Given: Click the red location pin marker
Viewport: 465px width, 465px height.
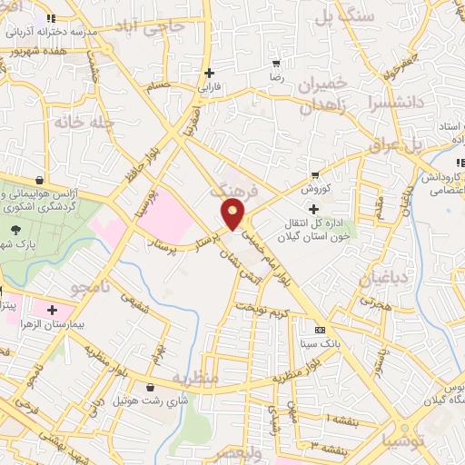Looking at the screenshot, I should (x=233, y=214).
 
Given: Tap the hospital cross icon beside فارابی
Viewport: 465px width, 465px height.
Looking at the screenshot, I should (x=210, y=73).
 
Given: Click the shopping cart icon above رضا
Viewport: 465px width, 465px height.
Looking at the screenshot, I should (x=276, y=64).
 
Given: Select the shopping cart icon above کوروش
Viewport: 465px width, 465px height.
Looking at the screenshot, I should (x=315, y=174).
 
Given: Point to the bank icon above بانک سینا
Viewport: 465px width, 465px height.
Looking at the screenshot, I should (x=319, y=331).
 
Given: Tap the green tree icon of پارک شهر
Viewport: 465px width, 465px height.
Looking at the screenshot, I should (x=15, y=230).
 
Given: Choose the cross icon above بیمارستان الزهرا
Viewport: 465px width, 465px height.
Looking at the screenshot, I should (x=52, y=310).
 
